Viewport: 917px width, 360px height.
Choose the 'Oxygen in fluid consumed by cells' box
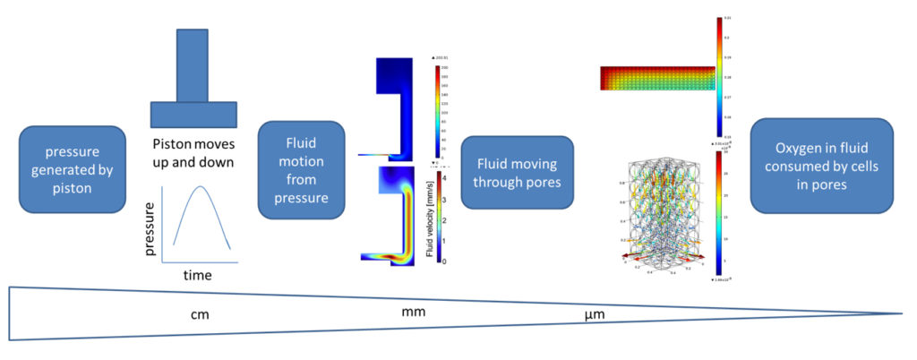pyautogui.click(x=821, y=166)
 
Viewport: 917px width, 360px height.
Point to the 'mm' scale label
pyautogui.click(x=414, y=312)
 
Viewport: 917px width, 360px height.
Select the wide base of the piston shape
pyautogui.click(x=193, y=115)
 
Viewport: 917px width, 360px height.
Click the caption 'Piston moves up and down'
pyautogui.click(x=193, y=152)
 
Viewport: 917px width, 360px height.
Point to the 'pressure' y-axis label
pyautogui.click(x=150, y=228)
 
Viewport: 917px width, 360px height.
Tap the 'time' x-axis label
pyautogui.click(x=197, y=275)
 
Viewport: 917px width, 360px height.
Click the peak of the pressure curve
pyautogui.click(x=201, y=185)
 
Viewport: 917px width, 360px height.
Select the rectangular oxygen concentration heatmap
pyautogui.click(x=657, y=78)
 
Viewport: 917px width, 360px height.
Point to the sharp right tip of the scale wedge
pyautogui.click(x=903, y=313)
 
